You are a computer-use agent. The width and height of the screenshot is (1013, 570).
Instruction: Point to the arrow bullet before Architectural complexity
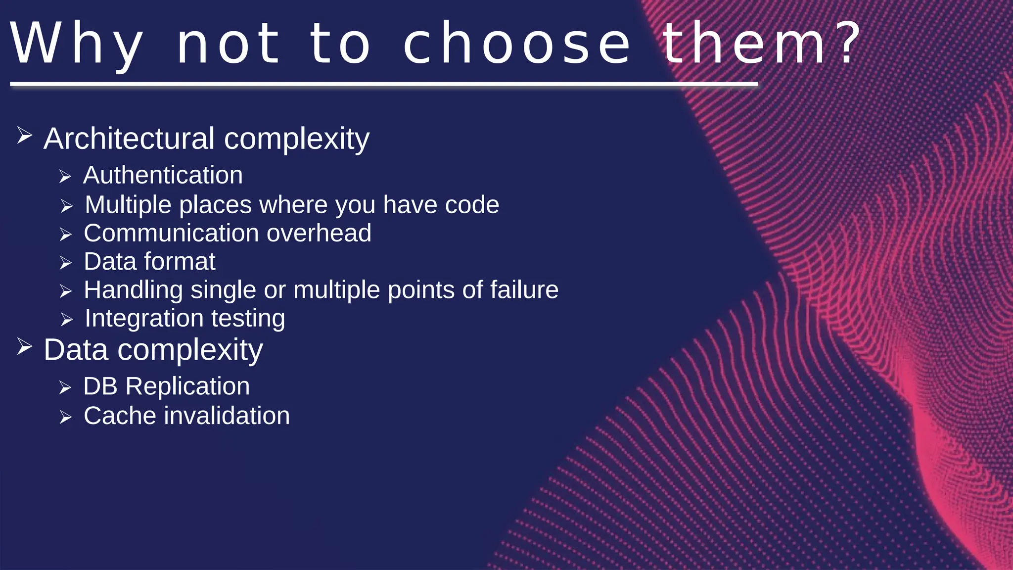pyautogui.click(x=24, y=135)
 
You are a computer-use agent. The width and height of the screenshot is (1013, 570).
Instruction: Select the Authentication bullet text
pyautogui.click(x=163, y=175)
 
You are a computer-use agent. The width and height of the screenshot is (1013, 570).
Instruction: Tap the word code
pyautogui.click(x=472, y=205)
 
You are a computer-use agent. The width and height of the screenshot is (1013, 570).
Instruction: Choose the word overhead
pyautogui.click(x=319, y=233)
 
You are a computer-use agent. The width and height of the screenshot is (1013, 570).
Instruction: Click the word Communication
pyautogui.click(x=171, y=233)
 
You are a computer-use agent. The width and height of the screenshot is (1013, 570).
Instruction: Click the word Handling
pyautogui.click(x=133, y=290)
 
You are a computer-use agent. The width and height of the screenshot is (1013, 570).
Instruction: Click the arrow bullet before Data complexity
pyautogui.click(x=24, y=346)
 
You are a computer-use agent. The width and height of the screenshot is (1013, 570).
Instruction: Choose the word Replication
pyautogui.click(x=187, y=386)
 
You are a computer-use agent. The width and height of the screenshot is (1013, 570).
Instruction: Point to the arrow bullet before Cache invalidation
pyautogui.click(x=65, y=418)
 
